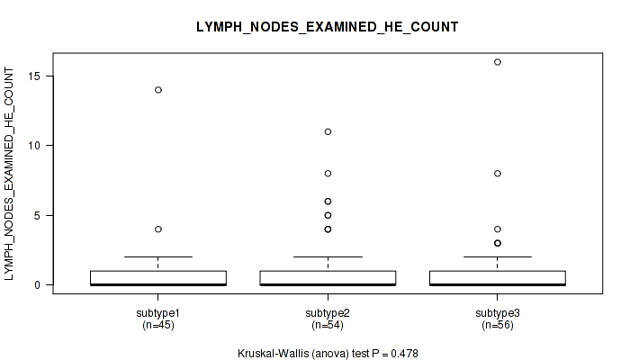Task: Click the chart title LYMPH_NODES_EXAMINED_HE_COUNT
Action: pos(327,27)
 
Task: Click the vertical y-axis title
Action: pos(9,174)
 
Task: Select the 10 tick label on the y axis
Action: pos(34,146)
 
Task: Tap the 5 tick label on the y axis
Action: pos(38,215)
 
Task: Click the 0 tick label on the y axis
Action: pos(38,285)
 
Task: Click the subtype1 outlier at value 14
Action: pos(158,90)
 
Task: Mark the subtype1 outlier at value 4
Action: pos(158,229)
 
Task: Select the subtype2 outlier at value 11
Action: pos(328,131)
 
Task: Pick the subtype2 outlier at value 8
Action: pos(328,173)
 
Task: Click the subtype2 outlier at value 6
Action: pos(328,202)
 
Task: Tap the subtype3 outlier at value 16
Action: pos(498,62)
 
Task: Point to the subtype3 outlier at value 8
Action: pos(498,173)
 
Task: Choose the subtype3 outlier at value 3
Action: pos(498,243)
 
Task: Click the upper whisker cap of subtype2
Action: pos(328,256)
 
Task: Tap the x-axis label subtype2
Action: pos(328,313)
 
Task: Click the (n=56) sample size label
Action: pos(498,325)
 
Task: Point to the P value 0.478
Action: pos(404,354)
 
